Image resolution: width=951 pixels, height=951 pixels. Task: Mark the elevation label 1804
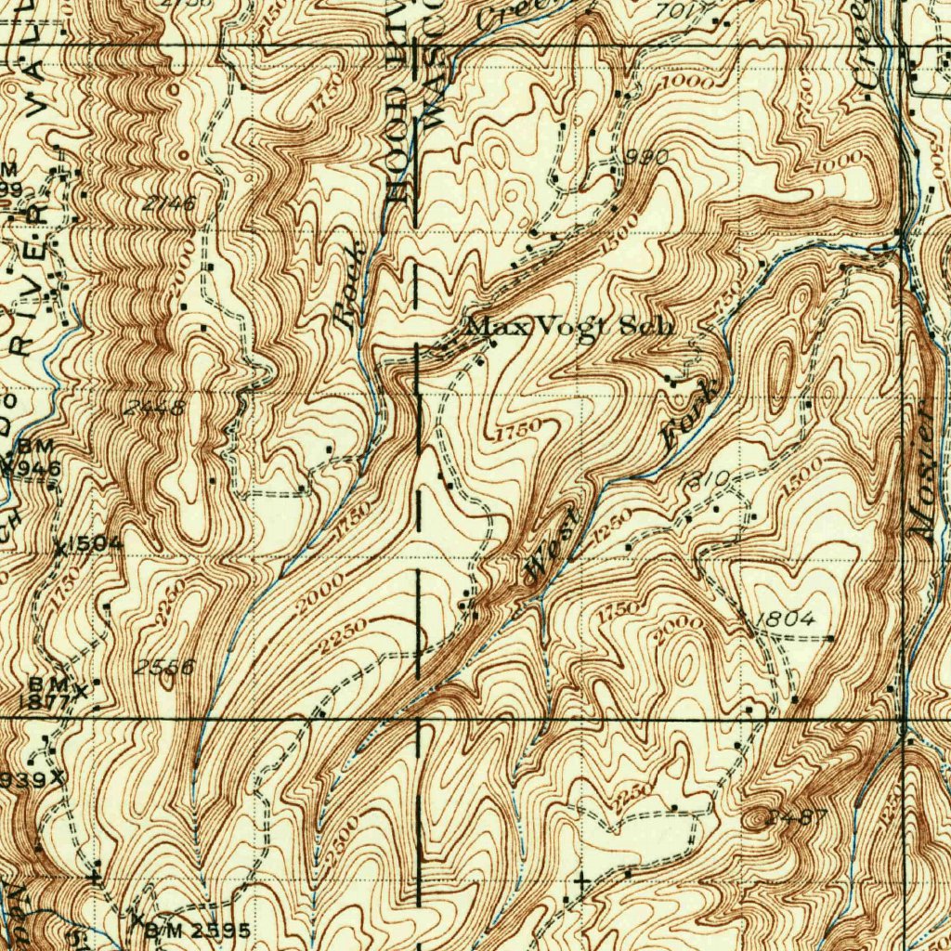coord(786,619)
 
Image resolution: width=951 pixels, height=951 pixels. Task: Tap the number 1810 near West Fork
coord(709,479)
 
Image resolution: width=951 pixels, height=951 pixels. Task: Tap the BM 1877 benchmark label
coord(48,694)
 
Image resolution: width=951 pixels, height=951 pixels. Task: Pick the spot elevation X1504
coord(88,545)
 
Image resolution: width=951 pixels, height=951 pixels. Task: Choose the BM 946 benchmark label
coord(35,459)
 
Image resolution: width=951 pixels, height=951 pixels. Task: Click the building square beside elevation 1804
coord(829,639)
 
